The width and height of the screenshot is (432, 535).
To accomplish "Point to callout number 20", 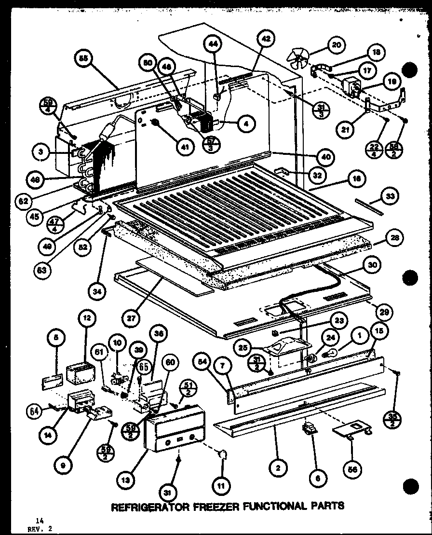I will pyautogui.click(x=335, y=46).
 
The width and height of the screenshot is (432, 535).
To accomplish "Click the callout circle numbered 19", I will pyautogui.click(x=393, y=82).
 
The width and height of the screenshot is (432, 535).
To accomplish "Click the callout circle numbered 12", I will pyautogui.click(x=87, y=319).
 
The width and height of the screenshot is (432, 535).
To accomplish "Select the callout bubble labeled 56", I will pyautogui.click(x=351, y=467).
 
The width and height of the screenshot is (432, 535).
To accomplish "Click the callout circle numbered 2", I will pyautogui.click(x=278, y=467).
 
